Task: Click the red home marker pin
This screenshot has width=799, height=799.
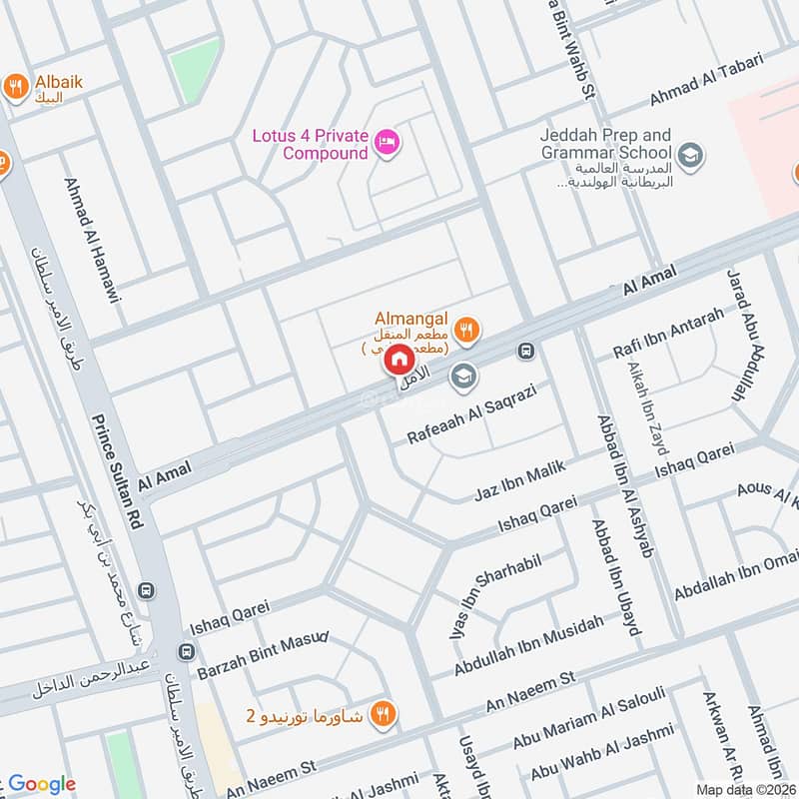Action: tap(398, 359)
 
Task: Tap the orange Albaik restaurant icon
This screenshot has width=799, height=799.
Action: tap(15, 87)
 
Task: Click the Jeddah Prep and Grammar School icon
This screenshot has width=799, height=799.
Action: tap(689, 155)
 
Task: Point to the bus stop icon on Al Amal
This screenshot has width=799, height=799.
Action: tap(525, 352)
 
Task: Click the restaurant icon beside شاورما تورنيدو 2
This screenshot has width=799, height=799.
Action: tap(381, 713)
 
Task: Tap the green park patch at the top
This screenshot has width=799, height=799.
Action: tap(194, 65)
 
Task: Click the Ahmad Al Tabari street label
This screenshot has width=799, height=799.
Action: tap(705, 81)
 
